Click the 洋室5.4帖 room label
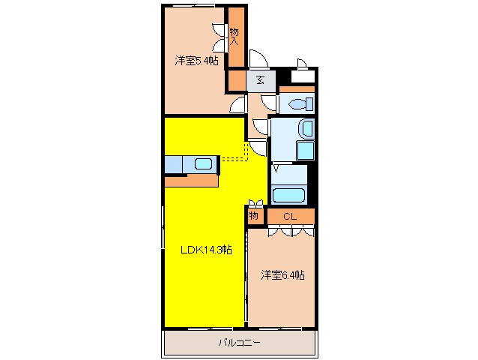[x=197, y=61]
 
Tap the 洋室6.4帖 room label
[x=282, y=275]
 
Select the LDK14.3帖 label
[x=205, y=250]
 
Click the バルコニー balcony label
[x=239, y=343]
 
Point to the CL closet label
[x=290, y=216]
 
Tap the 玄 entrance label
[x=259, y=80]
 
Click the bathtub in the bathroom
[x=288, y=196]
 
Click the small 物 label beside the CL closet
[x=254, y=216]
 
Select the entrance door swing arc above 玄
[x=256, y=59]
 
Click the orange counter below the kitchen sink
[x=191, y=181]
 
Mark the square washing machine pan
[x=304, y=150]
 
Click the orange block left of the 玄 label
[x=236, y=79]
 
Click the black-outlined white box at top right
[x=303, y=75]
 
